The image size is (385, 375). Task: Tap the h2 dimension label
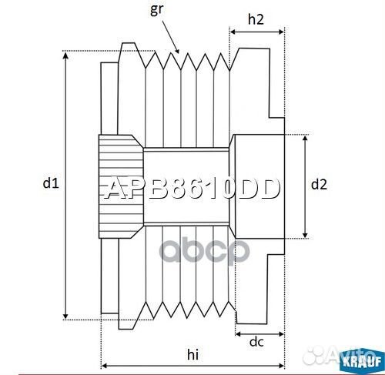(x=257, y=22)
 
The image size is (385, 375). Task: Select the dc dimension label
(x=257, y=342)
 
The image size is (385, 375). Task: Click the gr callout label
(x=159, y=9)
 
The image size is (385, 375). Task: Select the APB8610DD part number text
(x=191, y=188)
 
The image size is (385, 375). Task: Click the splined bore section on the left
(x=120, y=185)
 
